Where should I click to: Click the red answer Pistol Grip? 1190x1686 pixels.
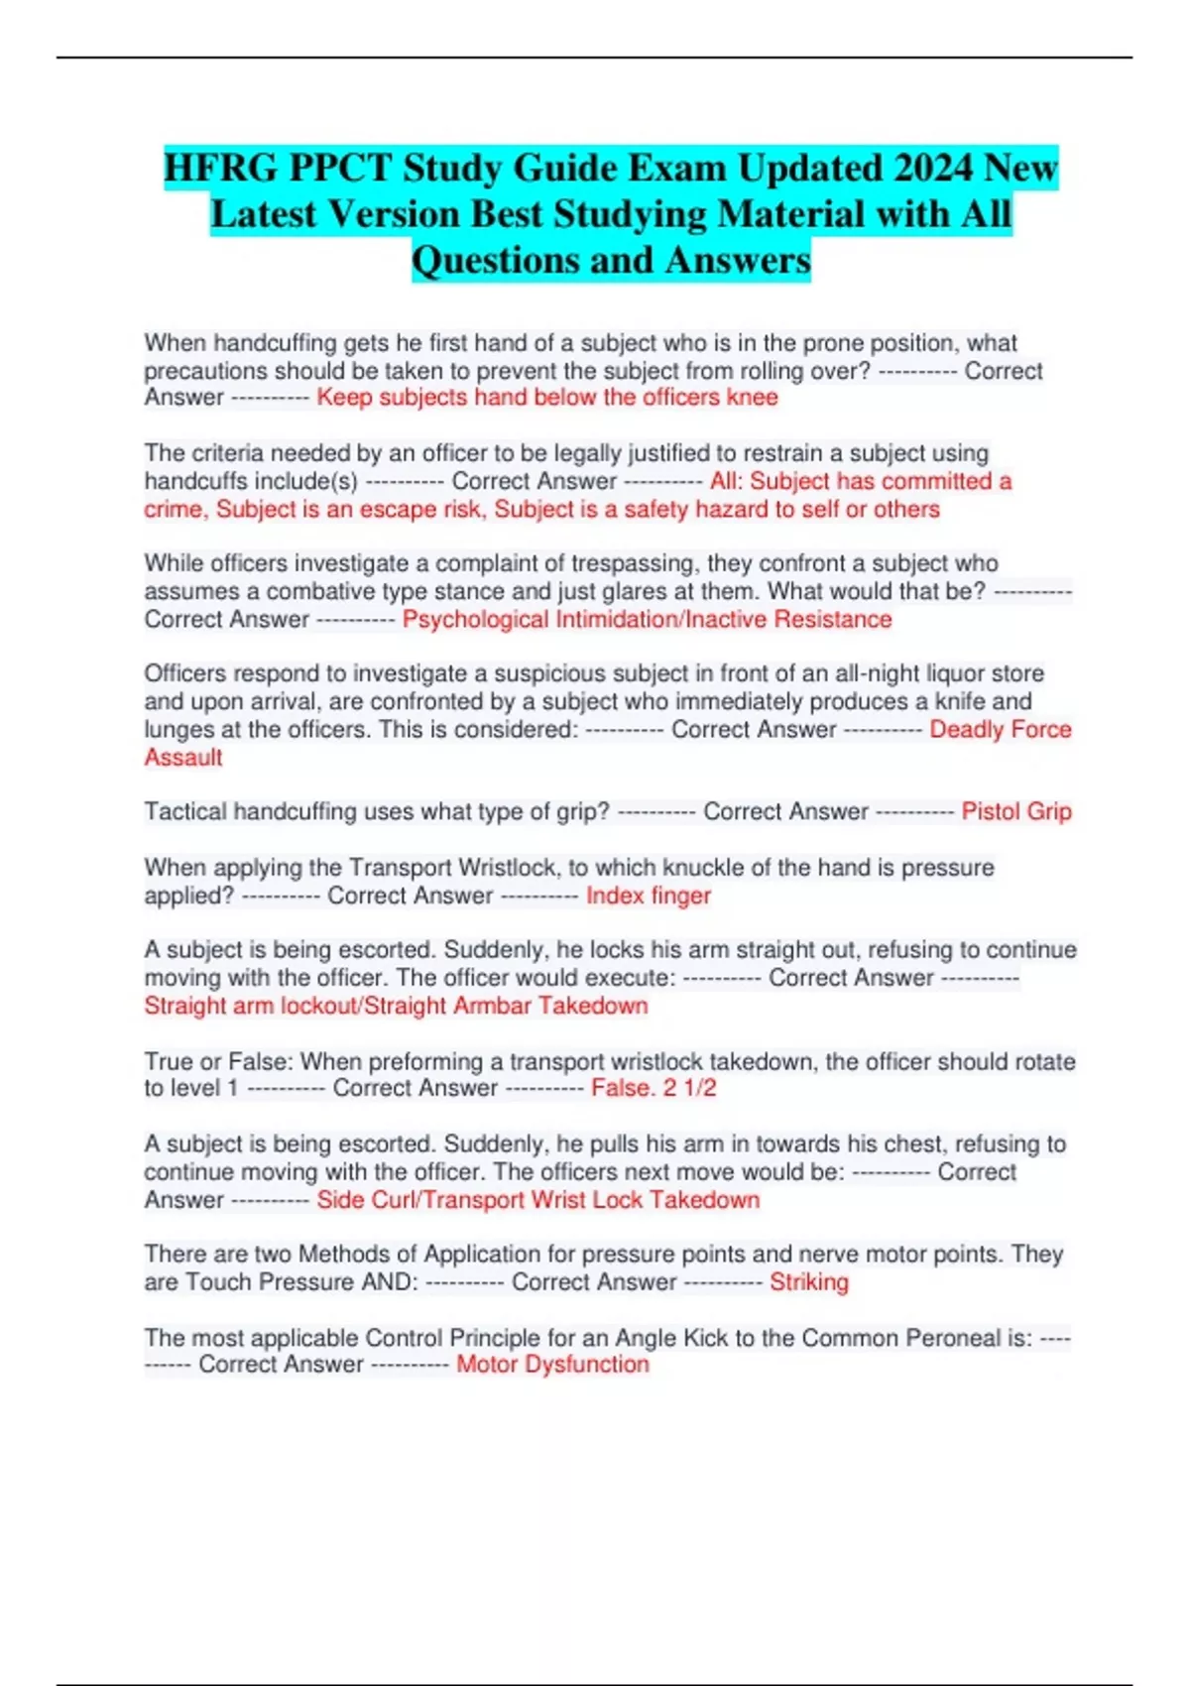(x=1016, y=811)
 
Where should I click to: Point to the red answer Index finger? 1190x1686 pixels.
(x=649, y=896)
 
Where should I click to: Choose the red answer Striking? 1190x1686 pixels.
(x=809, y=1281)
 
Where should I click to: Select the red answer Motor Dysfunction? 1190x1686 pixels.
(x=552, y=1365)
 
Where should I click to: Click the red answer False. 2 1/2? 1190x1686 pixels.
(x=654, y=1088)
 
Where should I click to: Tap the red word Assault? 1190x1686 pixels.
(x=183, y=758)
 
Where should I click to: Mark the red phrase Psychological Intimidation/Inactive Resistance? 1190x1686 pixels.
(x=647, y=620)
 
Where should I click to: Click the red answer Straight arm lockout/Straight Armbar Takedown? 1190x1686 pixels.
(x=396, y=1006)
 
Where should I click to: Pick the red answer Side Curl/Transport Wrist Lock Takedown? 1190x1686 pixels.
(x=538, y=1200)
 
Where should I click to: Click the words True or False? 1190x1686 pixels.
(x=218, y=1061)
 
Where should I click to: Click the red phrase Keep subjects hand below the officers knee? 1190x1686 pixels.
(x=547, y=398)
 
